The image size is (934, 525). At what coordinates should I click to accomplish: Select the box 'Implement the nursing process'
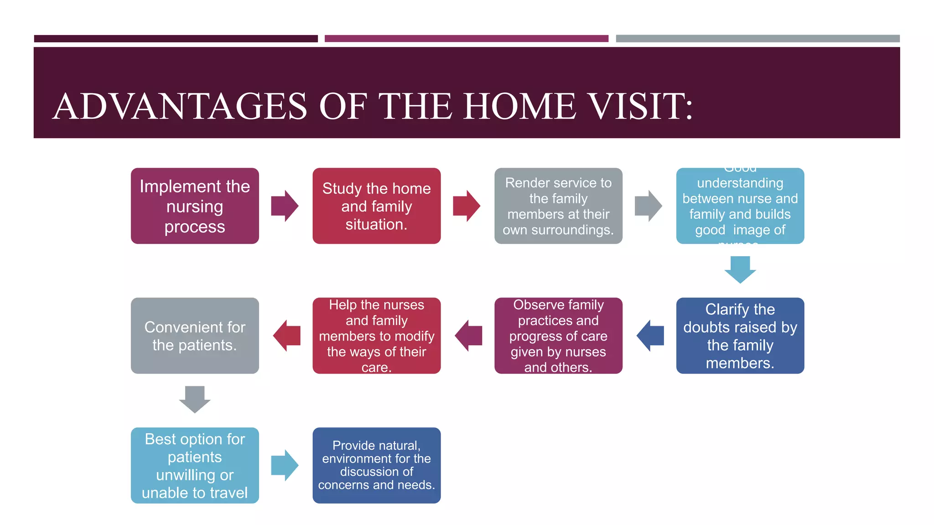point(195,206)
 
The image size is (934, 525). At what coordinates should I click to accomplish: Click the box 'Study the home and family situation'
point(376,206)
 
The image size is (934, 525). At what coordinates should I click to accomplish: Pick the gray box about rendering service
point(558,206)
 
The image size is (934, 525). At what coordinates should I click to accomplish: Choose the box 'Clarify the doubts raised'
point(740,336)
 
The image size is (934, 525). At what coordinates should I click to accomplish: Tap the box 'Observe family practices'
point(558,336)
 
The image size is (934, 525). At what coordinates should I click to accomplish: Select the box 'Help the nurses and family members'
point(376,336)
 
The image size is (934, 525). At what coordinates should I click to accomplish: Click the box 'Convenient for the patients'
point(195,336)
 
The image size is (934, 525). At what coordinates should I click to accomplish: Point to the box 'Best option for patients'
point(195,465)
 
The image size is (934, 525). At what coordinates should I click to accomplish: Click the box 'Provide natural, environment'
point(376,465)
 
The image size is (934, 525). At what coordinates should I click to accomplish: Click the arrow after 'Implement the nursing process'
point(285,206)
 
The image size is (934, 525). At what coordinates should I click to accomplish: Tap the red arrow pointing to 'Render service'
point(466,206)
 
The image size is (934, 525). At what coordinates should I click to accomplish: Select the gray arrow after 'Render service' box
point(648,206)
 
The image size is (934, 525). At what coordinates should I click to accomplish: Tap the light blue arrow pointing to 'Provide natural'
point(285,465)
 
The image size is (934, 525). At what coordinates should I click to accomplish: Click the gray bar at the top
point(758,39)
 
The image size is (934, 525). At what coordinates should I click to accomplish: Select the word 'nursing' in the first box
point(195,207)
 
